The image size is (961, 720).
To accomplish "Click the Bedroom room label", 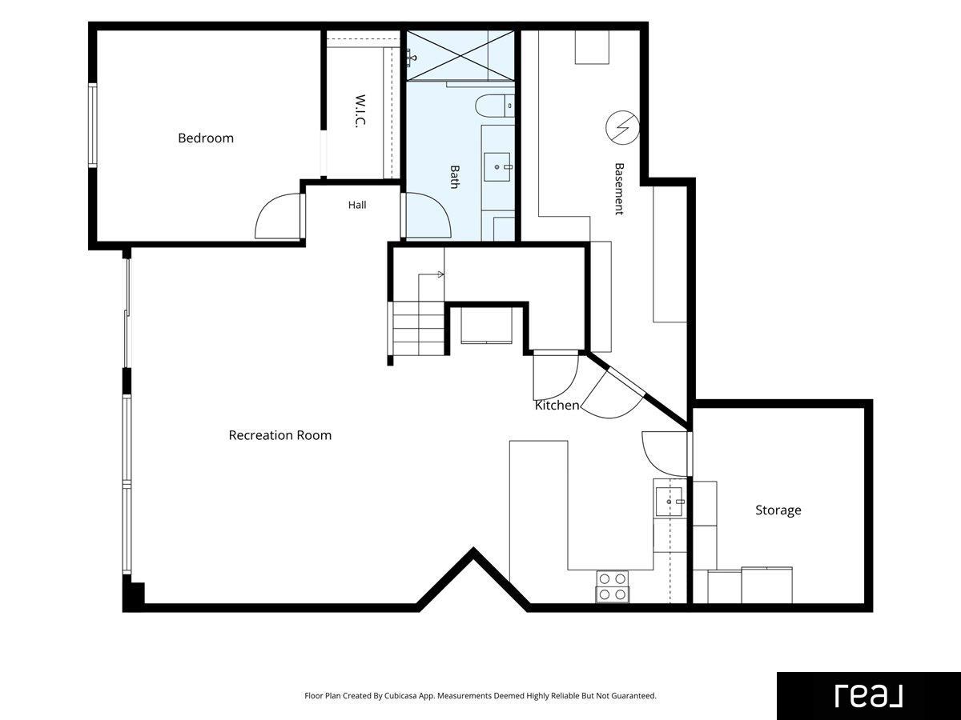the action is tap(206, 138).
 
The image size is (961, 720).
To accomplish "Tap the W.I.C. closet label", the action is tap(360, 111).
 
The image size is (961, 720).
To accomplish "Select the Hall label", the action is tap(357, 205).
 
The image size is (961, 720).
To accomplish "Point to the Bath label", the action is tap(455, 177).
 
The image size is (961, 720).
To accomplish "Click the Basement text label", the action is tap(619, 189).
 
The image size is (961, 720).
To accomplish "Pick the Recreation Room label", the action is tap(280, 435).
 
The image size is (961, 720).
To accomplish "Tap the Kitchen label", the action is tap(557, 406).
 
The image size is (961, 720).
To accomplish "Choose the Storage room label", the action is tap(778, 510).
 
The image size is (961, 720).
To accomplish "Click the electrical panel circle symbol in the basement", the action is tap(622, 128).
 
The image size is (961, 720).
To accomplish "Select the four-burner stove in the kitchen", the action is tap(612, 586).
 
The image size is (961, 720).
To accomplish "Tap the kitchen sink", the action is tap(669, 502).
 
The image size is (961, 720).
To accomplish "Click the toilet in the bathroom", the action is tap(495, 106).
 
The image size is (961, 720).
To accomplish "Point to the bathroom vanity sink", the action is tap(497, 167).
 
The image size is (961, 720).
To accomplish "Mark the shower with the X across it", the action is tap(460, 55).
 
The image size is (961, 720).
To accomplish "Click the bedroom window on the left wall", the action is tap(92, 125).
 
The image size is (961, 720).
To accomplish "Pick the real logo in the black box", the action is tap(869, 696).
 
